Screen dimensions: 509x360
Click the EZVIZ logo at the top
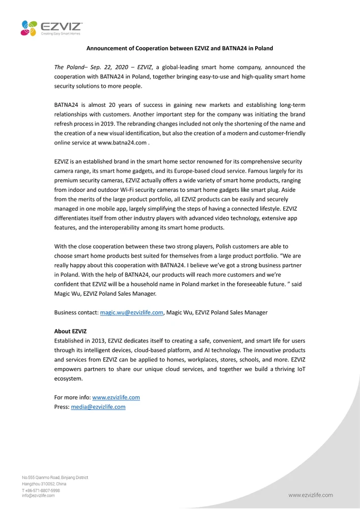51,26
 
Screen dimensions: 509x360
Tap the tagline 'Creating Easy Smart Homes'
61,34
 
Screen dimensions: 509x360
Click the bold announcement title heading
179,48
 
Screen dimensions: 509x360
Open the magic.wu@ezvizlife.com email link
131,312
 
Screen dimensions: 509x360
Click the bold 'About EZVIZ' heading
70,331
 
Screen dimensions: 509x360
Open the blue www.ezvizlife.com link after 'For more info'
116,398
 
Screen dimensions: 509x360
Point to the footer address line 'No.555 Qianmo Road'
55,477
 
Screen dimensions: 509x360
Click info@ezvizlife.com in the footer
38,495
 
